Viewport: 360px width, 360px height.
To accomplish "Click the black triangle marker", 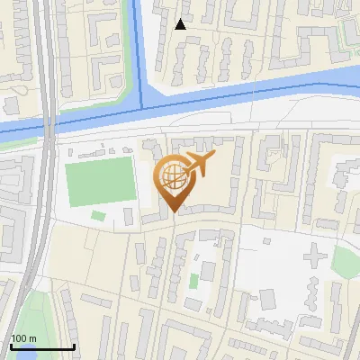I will point(181,24).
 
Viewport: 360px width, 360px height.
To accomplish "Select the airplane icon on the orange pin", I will point(199,164).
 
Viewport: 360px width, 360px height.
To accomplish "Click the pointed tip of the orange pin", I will point(175,212).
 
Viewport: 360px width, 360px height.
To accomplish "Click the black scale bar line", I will point(41,347).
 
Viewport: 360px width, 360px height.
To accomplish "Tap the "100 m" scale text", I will point(24,338).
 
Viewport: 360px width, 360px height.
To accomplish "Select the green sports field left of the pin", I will point(99,180).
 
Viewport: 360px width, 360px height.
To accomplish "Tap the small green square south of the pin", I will point(193,281).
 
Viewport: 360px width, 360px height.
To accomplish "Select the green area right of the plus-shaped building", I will point(346,261).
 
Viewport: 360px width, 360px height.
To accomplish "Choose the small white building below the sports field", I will point(97,214).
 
